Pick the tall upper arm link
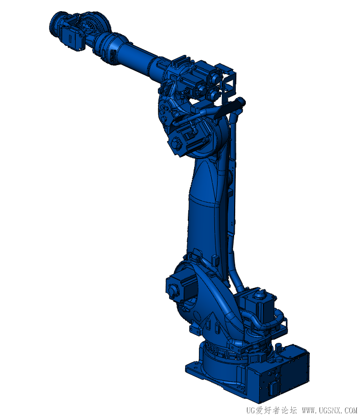(205, 208)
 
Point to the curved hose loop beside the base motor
(277, 320)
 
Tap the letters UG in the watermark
(251, 411)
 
